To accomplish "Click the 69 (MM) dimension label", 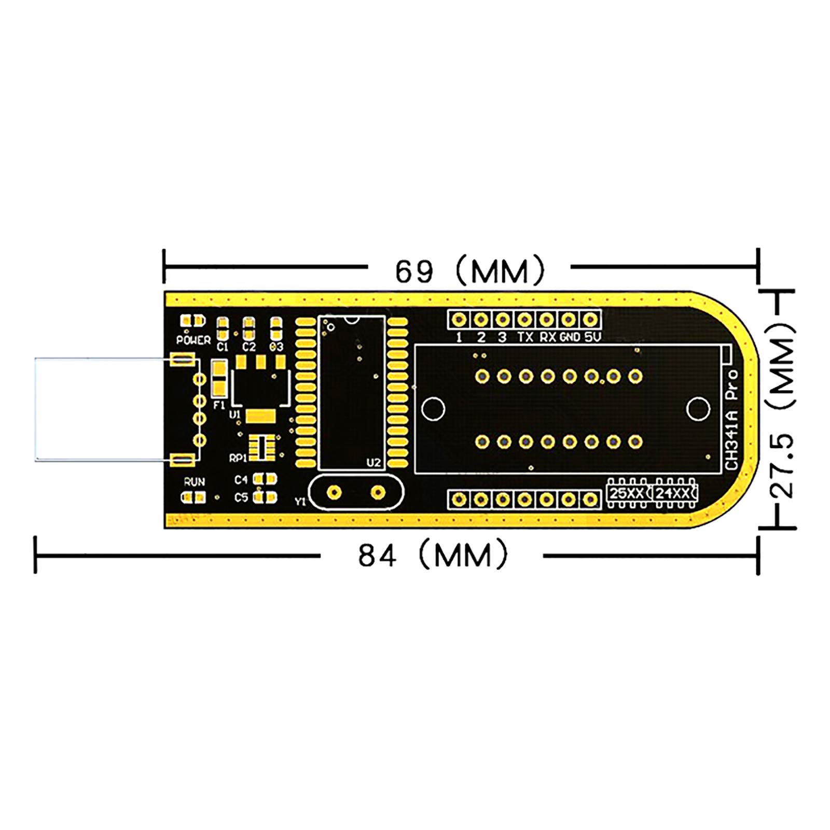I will coord(469,270).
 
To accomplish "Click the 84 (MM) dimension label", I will coord(432,555).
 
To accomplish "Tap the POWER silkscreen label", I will coord(193,340).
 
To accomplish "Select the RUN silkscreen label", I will coord(194,481).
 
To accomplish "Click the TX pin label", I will coord(525,337).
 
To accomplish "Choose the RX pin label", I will coord(548,337).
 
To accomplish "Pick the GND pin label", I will coord(570,337).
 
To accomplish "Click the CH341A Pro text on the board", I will coord(732,420).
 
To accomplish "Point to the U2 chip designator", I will coord(374,463).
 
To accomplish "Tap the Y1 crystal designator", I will coord(300,502).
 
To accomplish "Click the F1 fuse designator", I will coord(219,405).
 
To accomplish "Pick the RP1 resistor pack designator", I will coord(238,458).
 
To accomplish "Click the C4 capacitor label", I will coord(241,479).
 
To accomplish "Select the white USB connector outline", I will coord(104,409).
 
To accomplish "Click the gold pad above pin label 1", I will coord(459,319).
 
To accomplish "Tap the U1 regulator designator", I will coord(235,414).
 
